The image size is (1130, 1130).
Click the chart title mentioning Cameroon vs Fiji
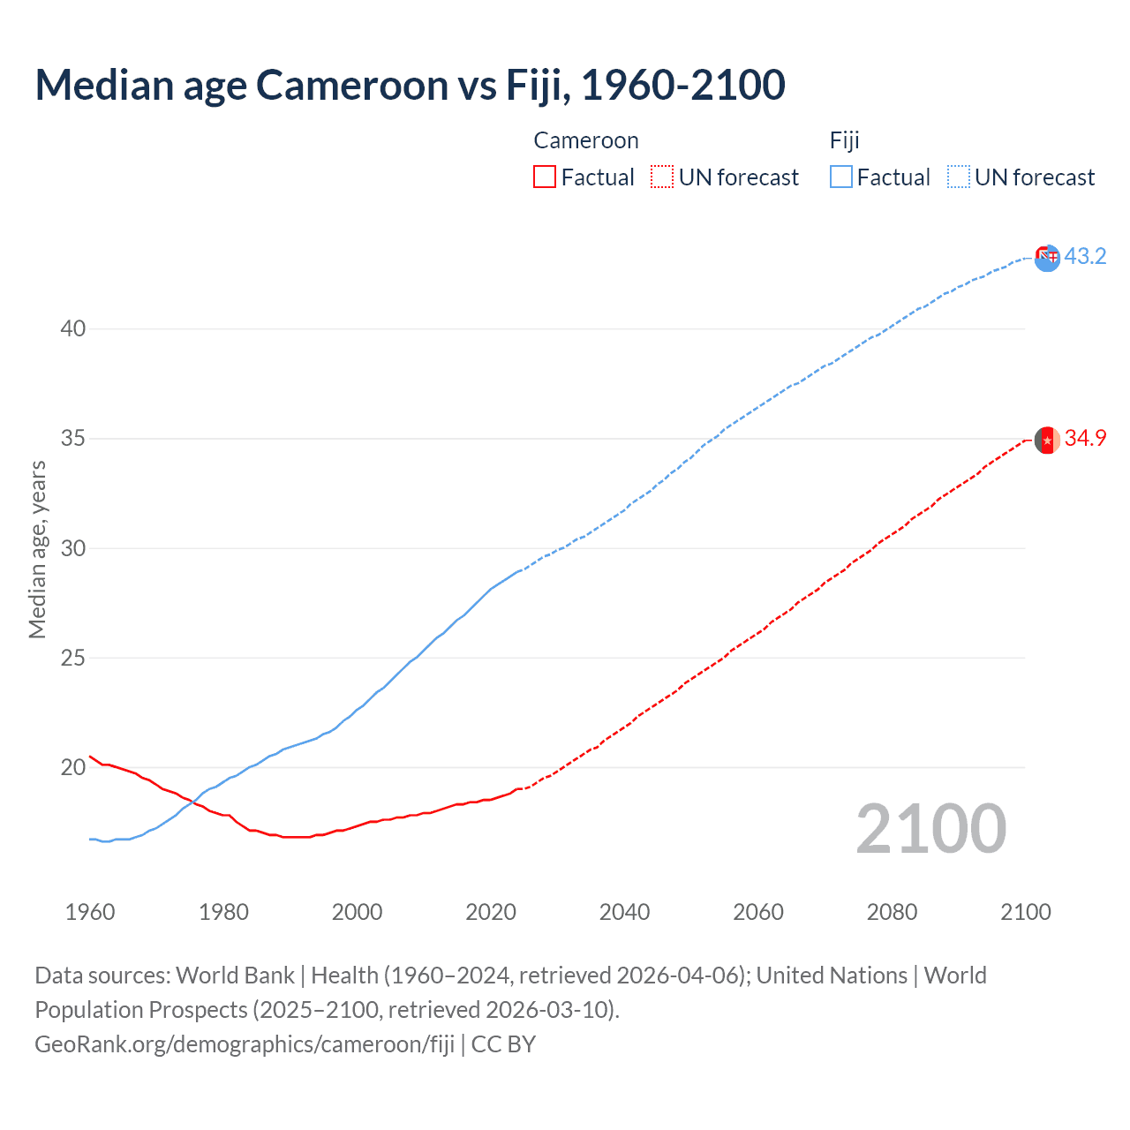tap(410, 85)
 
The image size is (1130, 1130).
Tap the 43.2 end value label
tap(1085, 256)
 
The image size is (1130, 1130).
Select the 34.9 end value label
tap(1085, 438)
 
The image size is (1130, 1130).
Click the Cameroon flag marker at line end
tap(1047, 440)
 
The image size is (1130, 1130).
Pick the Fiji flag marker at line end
tap(1047, 258)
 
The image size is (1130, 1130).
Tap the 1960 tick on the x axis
tap(90, 912)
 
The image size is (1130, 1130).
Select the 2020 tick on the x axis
tap(491, 912)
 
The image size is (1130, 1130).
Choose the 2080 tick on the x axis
tap(892, 912)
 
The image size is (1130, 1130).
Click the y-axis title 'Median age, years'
tap(37, 549)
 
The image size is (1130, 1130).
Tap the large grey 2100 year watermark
tap(930, 829)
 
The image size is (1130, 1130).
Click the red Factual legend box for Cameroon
tap(545, 177)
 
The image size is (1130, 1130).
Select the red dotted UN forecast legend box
tap(662, 177)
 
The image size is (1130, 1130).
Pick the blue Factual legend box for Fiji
tap(841, 177)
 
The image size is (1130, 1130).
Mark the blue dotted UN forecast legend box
tap(959, 177)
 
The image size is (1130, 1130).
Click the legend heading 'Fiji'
tap(845, 140)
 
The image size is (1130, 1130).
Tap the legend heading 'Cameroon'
tap(586, 140)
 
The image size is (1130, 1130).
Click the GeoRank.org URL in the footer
tap(245, 1044)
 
